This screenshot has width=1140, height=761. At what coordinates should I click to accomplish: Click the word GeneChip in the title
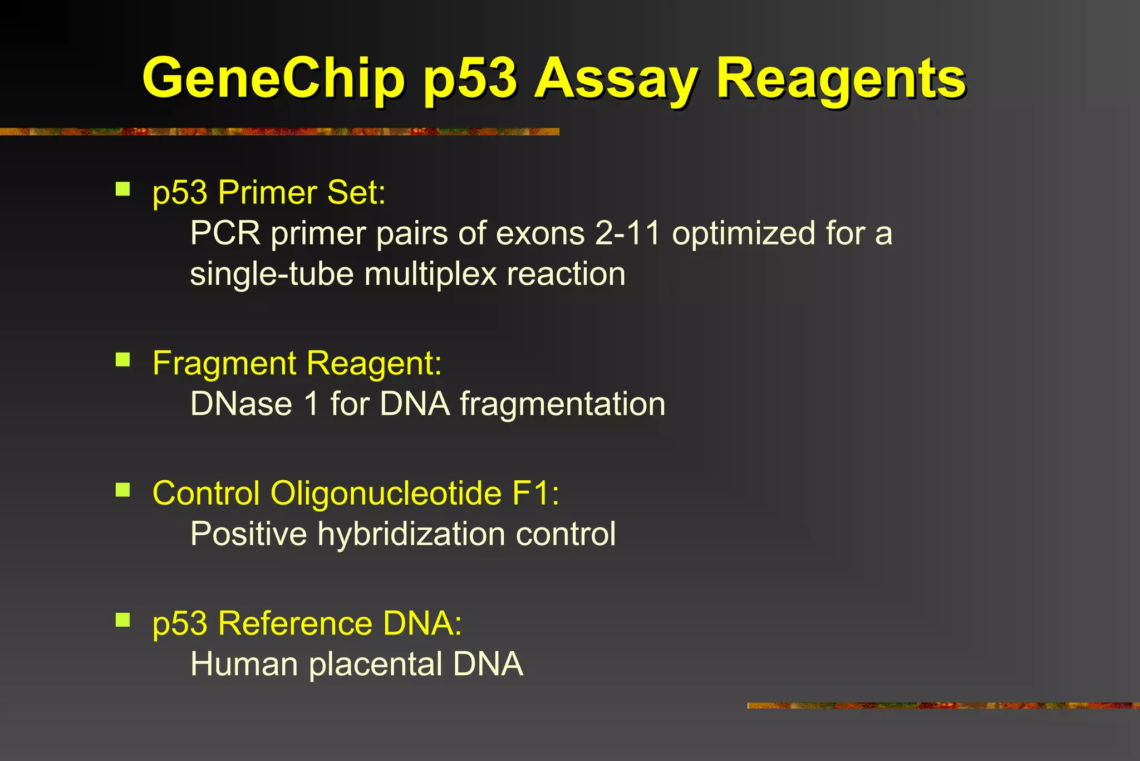(x=273, y=79)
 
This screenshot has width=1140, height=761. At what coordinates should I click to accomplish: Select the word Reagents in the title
(x=841, y=79)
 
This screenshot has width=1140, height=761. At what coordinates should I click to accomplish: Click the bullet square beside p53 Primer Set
(x=122, y=189)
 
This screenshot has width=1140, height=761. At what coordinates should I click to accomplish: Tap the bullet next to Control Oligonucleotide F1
(x=122, y=490)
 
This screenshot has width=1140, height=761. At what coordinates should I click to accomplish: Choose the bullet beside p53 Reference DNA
(x=122, y=619)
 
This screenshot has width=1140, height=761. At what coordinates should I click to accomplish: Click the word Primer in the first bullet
(x=267, y=193)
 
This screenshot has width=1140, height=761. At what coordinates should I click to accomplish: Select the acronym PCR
(x=225, y=233)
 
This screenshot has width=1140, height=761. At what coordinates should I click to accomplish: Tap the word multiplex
(x=430, y=275)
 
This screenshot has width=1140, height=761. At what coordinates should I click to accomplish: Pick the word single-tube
(x=272, y=275)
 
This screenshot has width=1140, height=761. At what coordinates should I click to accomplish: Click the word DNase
(x=241, y=404)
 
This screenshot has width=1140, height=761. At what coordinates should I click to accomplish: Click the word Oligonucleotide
(x=386, y=494)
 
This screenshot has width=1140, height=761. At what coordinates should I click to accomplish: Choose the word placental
(x=376, y=665)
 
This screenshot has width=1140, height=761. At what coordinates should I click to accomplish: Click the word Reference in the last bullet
(x=295, y=623)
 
